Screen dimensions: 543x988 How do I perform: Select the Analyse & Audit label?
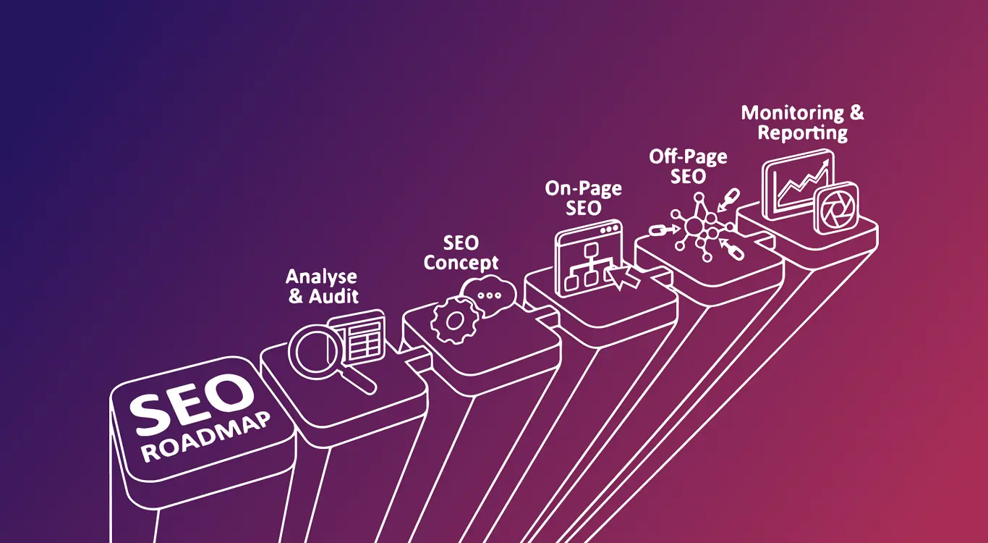click(x=323, y=287)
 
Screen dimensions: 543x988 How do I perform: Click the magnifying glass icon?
click(x=315, y=350)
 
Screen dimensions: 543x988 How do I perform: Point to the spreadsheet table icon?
click(x=359, y=337)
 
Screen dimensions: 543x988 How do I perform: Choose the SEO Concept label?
click(x=461, y=253)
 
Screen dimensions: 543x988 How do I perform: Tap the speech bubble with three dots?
click(x=490, y=294)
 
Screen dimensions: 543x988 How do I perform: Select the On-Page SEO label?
click(x=583, y=198)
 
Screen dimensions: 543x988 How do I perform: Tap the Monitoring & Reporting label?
click(x=802, y=123)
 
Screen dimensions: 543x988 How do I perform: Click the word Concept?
click(x=461, y=262)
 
